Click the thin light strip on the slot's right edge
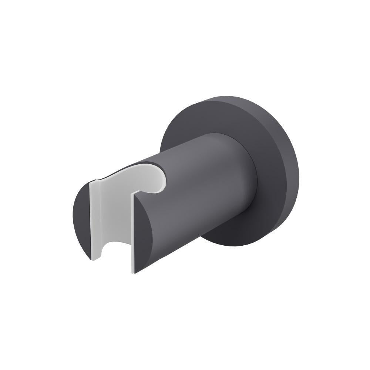133,237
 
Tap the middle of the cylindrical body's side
200,192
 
